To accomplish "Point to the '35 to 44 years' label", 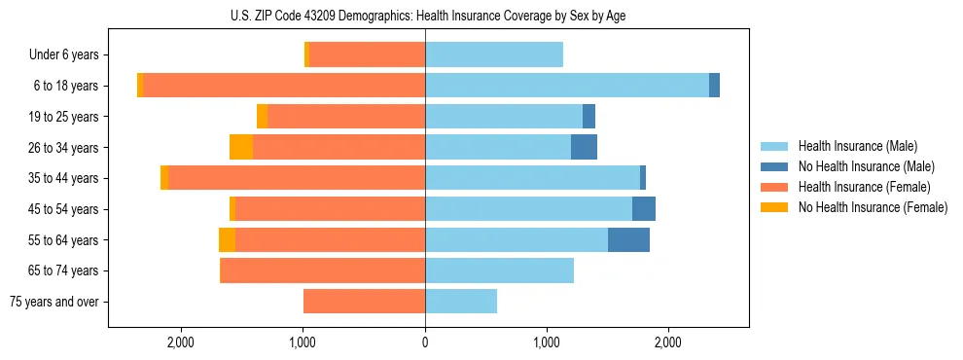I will coord(63,178).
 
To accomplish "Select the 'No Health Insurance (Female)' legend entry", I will coord(873,207).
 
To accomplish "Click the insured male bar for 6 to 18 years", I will coord(567,86).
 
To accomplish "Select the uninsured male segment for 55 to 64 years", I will coord(628,239).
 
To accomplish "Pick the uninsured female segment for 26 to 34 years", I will coord(241,147).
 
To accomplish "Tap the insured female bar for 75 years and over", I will coord(364,302).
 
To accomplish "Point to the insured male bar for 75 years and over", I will coord(461,302).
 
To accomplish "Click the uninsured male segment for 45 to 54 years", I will coord(644,209).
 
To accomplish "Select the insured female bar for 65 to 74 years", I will coord(323,270).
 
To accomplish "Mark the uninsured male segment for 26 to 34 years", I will coord(584,147).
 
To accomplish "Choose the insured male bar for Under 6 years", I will coord(494,55).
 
